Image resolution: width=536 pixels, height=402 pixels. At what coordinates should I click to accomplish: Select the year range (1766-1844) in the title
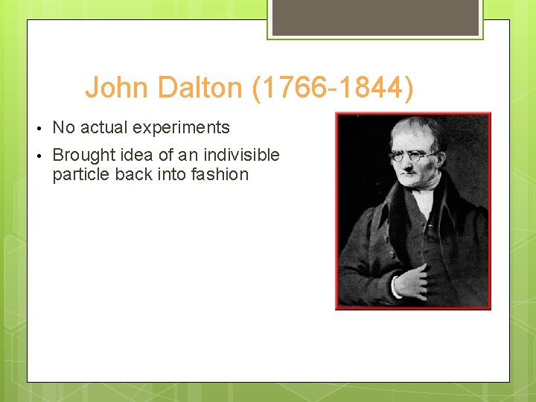(333, 88)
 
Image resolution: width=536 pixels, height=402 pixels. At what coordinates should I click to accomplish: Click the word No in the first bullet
(64, 127)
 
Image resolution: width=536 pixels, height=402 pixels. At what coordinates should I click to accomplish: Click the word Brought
(83, 155)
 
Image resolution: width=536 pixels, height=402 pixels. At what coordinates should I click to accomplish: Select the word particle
(80, 175)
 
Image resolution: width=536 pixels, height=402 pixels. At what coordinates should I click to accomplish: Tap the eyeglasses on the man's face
(413, 156)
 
